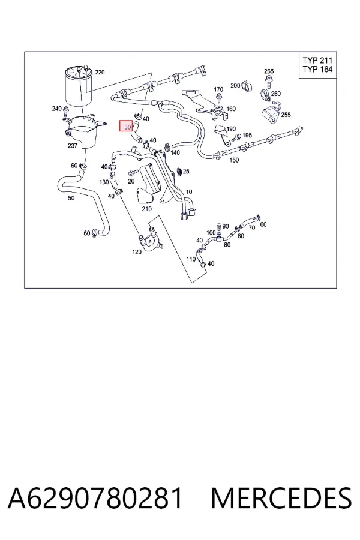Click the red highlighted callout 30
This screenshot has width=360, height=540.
click(x=126, y=127)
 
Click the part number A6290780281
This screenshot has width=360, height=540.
click(x=95, y=498)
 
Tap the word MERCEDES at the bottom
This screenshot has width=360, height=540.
click(x=281, y=498)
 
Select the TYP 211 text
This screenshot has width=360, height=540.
click(x=317, y=61)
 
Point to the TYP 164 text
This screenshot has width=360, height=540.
click(x=317, y=69)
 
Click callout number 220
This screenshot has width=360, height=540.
click(x=100, y=73)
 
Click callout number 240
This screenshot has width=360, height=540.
click(x=56, y=109)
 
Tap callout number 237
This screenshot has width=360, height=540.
click(x=73, y=146)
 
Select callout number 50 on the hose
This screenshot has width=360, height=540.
click(x=71, y=198)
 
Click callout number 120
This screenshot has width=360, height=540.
click(x=137, y=252)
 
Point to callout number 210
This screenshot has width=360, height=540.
click(x=146, y=209)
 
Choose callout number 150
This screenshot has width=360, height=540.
click(x=234, y=160)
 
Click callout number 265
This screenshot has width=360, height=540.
click(x=269, y=71)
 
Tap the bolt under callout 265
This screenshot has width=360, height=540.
click(x=268, y=81)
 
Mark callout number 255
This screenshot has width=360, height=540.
click(x=286, y=115)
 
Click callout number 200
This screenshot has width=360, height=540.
click(x=235, y=85)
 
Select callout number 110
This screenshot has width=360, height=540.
click(x=191, y=259)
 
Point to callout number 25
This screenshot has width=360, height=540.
click(x=186, y=171)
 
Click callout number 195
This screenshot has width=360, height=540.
click(x=247, y=136)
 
